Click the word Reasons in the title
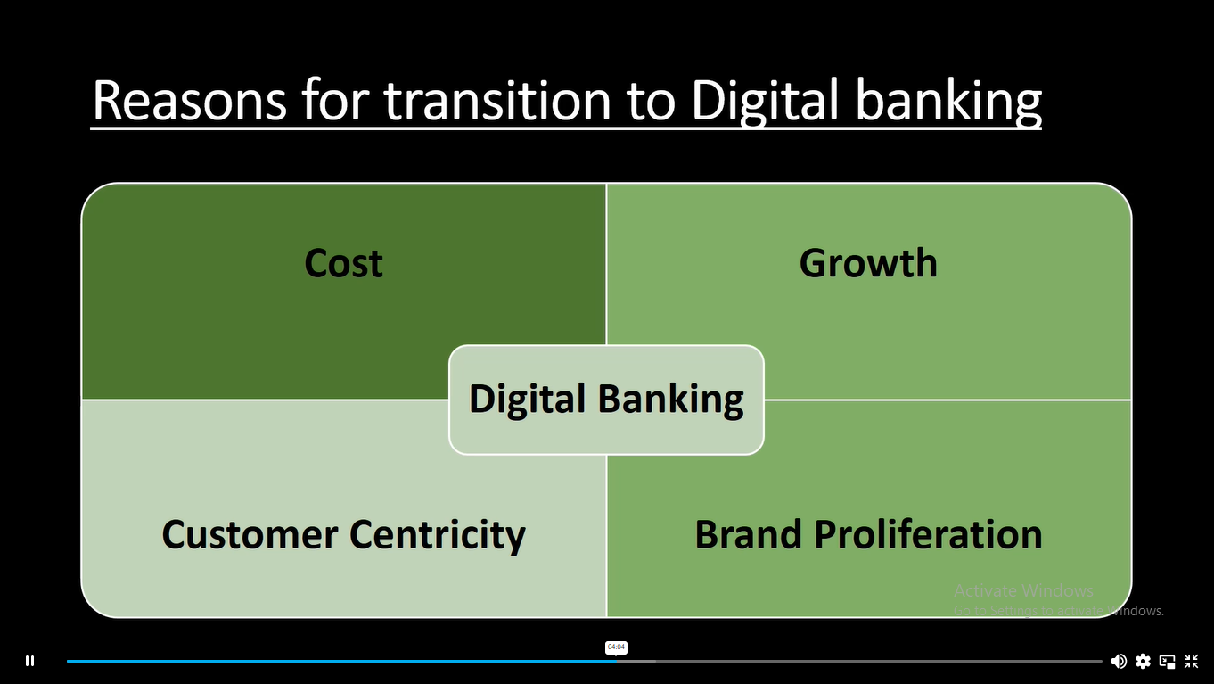click(x=190, y=100)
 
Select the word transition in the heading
click(x=497, y=100)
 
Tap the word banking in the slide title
click(x=948, y=103)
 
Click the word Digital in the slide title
click(x=766, y=103)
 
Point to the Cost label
click(x=343, y=263)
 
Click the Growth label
click(x=868, y=263)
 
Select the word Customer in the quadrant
click(x=250, y=535)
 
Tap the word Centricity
click(x=438, y=536)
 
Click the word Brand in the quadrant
click(x=748, y=534)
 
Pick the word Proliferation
click(x=928, y=534)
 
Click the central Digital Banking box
click(x=606, y=400)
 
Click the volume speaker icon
click(x=1119, y=661)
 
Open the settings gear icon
click(x=1143, y=661)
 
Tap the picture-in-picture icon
click(x=1167, y=661)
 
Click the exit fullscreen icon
click(x=1191, y=661)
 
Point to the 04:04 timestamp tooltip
click(x=616, y=647)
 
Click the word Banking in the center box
click(x=671, y=400)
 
